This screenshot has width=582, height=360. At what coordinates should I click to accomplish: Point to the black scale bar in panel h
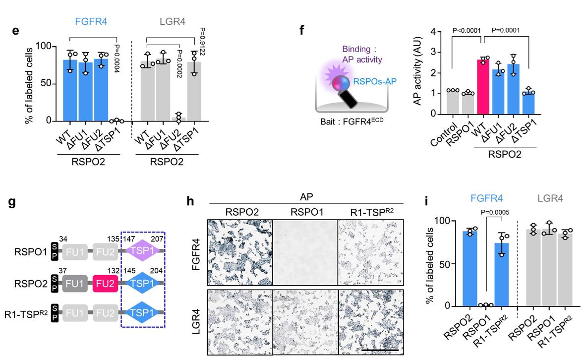coord(380,350)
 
